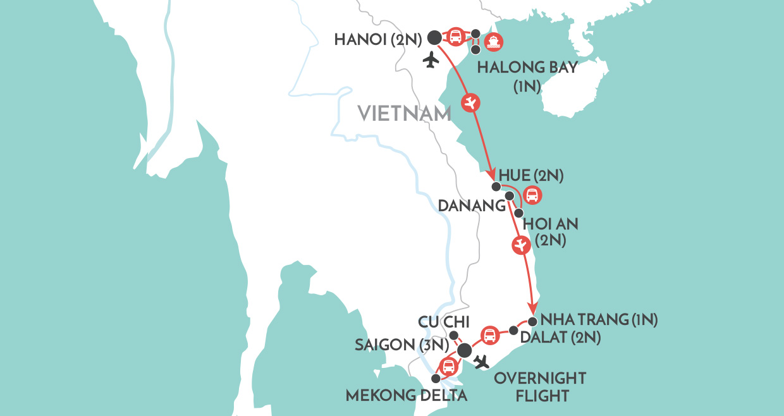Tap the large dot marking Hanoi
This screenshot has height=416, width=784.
pyautogui.click(x=434, y=38)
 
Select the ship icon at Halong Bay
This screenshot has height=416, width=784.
pyautogui.click(x=494, y=42)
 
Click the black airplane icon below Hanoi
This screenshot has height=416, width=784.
pyautogui.click(x=432, y=61)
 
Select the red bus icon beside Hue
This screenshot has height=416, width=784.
pyautogui.click(x=532, y=195)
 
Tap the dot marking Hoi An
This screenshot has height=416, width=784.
pyautogui.click(x=518, y=213)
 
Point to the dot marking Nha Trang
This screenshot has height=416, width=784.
pyautogui.click(x=532, y=321)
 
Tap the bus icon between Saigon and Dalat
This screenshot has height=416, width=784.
pyautogui.click(x=489, y=336)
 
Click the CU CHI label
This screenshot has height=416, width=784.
pyautogui.click(x=439, y=322)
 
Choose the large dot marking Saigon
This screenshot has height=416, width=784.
pyautogui.click(x=464, y=351)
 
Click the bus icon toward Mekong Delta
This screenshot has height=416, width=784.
pyautogui.click(x=448, y=366)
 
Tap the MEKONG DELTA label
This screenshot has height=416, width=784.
pyautogui.click(x=407, y=396)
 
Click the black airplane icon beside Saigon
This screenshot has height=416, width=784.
pyautogui.click(x=482, y=362)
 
